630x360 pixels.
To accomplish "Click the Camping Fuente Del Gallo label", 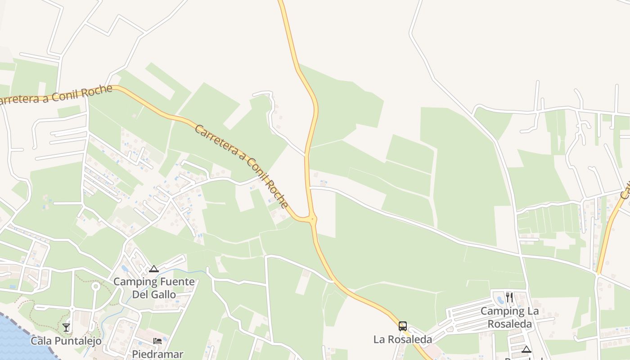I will tap(154, 288).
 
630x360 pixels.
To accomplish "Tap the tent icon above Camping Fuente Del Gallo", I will tap(154, 269).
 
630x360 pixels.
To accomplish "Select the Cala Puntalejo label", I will tap(66, 341).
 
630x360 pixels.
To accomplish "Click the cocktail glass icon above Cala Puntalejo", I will tap(66, 328).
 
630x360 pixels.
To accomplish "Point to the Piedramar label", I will tap(157, 354).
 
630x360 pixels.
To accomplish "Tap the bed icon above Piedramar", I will tap(157, 341).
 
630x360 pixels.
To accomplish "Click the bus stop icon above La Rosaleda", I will tap(403, 326).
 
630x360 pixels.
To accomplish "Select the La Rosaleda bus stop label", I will tap(403, 339).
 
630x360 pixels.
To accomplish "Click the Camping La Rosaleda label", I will tap(509, 317).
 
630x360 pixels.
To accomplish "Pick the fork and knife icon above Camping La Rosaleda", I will tap(509, 297).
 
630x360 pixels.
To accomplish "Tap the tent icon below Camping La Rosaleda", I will tap(526, 349).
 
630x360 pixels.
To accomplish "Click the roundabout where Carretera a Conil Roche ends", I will tap(312, 219).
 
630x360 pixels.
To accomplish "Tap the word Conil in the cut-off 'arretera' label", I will tap(66, 96).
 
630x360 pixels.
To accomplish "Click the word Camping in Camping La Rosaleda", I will tap(499, 311).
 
